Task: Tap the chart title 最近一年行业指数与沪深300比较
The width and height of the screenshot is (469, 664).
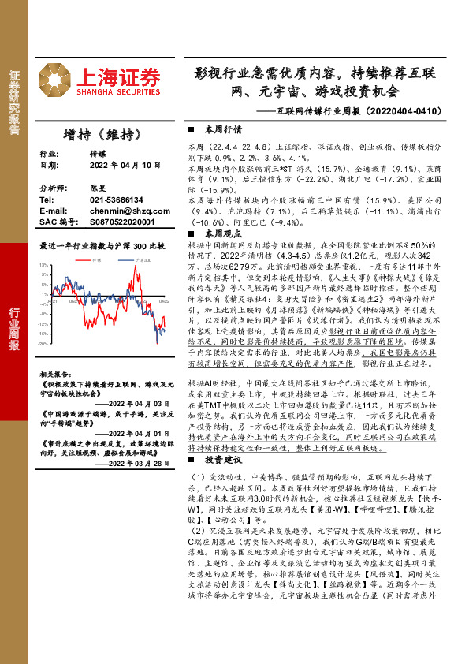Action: coord(102,246)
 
